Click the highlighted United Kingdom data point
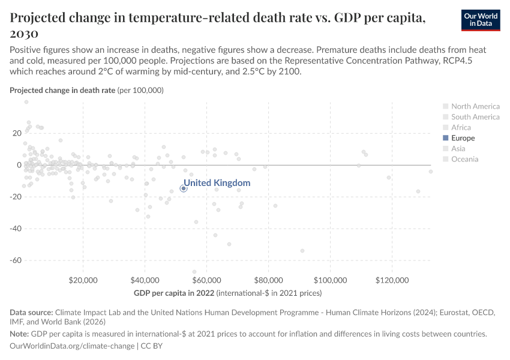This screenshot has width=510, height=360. tap(184, 188)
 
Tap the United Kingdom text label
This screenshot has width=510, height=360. tap(217, 183)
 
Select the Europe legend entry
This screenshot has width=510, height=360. tap(463, 138)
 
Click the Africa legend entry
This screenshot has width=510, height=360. tap(461, 127)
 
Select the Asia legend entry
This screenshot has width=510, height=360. tap(458, 148)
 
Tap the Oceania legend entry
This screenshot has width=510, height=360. tap(464, 159)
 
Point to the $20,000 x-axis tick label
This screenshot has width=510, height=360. tap(83, 281)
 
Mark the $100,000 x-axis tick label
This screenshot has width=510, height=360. tap(330, 281)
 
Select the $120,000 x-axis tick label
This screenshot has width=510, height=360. tap(392, 281)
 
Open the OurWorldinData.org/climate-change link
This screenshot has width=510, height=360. tap(73, 346)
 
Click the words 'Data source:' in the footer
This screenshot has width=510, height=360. tap(31, 313)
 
